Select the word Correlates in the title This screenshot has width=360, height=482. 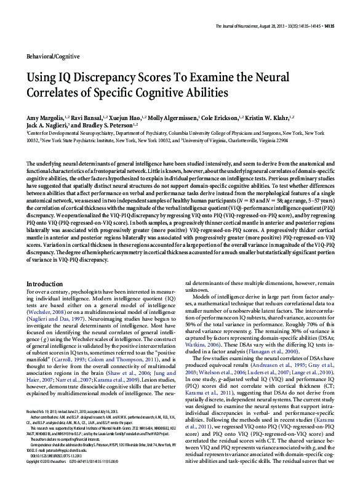pos(55,95)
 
